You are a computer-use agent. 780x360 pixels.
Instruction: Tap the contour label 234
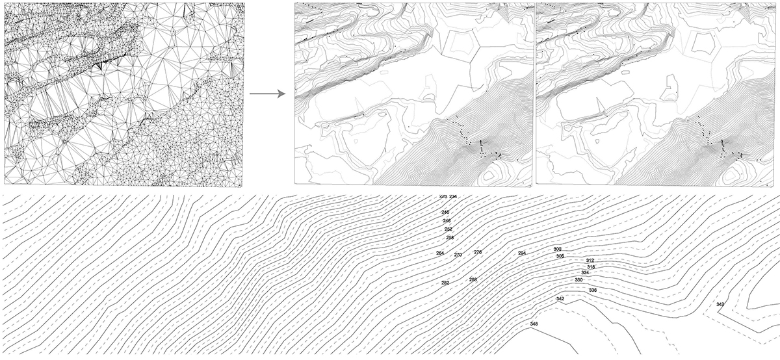tap(453, 196)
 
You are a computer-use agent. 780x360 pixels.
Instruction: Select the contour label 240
tap(445, 212)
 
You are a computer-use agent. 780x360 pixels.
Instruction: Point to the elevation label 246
tap(447, 221)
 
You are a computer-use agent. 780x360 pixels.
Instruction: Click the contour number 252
tap(448, 229)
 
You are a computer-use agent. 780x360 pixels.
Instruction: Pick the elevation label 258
tap(450, 238)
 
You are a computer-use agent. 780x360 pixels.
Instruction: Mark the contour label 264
tap(440, 253)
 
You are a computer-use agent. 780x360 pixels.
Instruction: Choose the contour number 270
tap(458, 255)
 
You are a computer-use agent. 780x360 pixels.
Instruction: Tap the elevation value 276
tap(478, 252)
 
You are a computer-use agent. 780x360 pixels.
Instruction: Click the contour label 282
tap(445, 283)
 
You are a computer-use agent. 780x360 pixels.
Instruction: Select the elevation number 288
tap(473, 279)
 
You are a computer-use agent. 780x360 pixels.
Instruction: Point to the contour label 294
tap(522, 253)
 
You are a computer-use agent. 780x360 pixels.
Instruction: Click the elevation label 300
tap(557, 250)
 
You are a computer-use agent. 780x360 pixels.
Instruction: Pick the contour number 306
tap(560, 256)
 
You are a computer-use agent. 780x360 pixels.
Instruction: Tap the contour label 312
tap(590, 261)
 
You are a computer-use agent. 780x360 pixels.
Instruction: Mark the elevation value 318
tap(591, 267)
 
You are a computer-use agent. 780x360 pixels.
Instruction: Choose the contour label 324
tap(585, 273)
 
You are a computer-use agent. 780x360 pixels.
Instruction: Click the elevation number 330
tap(578, 280)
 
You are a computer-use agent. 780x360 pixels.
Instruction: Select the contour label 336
tap(592, 290)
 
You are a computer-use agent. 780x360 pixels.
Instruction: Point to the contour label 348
tap(534, 324)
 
